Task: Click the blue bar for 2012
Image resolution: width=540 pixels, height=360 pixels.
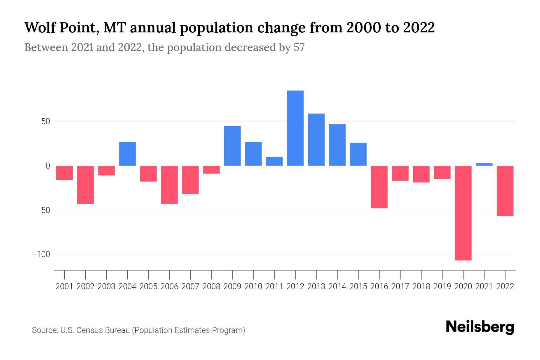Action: pos(295,128)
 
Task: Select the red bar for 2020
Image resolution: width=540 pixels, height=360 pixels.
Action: pos(463,213)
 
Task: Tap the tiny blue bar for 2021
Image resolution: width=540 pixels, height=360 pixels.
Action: pos(484,164)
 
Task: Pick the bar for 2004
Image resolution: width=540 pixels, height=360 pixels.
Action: pos(127,154)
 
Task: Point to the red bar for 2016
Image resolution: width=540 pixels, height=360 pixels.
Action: pos(379,187)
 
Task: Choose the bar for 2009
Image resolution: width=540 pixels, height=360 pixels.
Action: pos(232,146)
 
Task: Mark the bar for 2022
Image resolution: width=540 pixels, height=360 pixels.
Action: pos(505,191)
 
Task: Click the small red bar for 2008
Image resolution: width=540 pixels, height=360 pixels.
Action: pos(211,170)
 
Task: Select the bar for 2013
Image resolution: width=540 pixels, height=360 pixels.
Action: pos(316,139)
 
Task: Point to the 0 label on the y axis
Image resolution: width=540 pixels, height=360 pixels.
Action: pos(48,166)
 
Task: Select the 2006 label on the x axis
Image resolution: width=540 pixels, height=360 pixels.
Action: pos(169,286)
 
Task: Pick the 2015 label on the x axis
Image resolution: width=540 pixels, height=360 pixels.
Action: pos(358,286)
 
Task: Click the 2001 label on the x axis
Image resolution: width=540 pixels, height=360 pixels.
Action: pos(64,286)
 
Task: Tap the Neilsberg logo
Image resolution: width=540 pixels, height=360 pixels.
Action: pos(480,327)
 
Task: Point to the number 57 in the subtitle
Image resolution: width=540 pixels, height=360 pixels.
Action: pos(299,48)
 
